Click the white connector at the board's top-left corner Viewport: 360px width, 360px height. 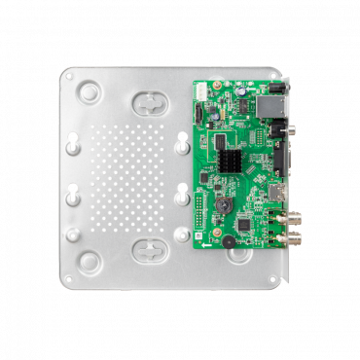(201, 90)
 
